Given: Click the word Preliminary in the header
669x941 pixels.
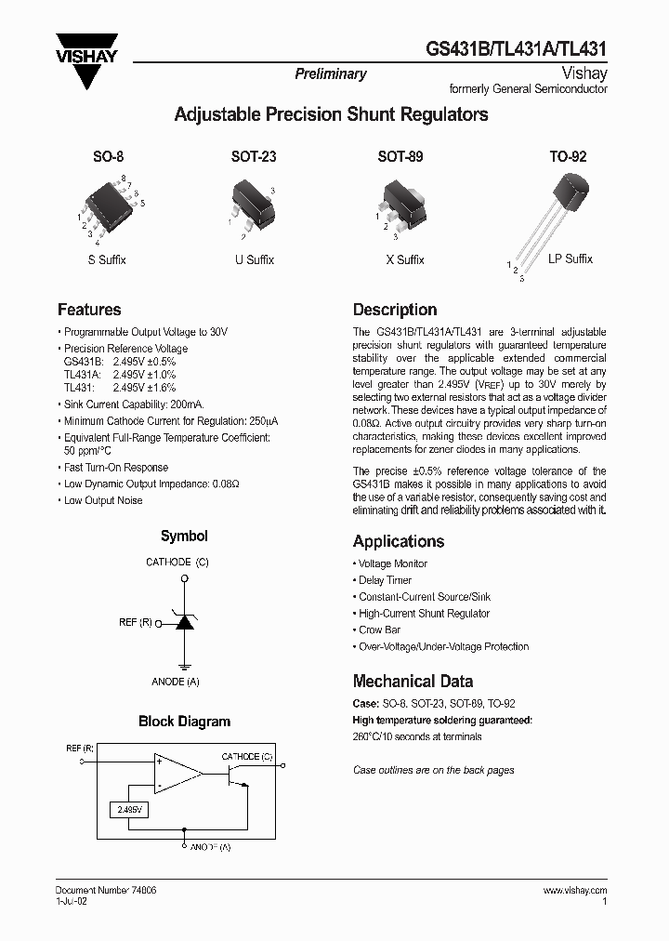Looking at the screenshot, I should click(x=330, y=74).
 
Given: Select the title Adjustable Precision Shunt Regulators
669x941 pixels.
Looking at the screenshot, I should click(x=332, y=115).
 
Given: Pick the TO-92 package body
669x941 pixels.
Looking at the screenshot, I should click(x=569, y=192).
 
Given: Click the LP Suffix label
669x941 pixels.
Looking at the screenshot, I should click(x=570, y=258).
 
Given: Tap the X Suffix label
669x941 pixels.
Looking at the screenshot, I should click(x=404, y=260).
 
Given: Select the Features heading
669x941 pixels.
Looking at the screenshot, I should click(x=89, y=310).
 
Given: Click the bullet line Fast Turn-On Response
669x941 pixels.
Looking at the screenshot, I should click(x=115, y=468).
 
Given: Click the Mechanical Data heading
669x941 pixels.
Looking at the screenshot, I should click(x=413, y=681).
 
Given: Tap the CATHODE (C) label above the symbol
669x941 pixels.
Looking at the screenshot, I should click(x=177, y=562).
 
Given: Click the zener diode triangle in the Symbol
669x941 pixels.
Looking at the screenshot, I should click(x=185, y=622).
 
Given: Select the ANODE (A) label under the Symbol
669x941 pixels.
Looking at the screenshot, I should click(x=176, y=682).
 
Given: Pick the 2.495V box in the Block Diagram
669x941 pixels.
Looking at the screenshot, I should click(x=129, y=810).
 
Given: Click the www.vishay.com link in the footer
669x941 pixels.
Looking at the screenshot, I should click(x=574, y=890).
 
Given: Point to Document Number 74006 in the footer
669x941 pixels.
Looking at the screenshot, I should click(x=106, y=890).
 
